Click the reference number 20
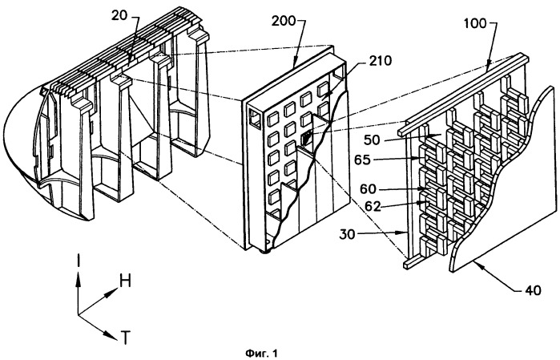[119, 16]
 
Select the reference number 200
[284, 22]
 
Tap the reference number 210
[380, 61]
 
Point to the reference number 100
[475, 23]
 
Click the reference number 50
[372, 140]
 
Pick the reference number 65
[362, 160]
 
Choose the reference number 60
[368, 188]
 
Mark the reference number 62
[373, 206]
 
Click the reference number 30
[348, 235]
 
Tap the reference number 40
[533, 290]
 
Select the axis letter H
[125, 281]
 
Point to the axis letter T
[125, 338]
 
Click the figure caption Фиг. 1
[261, 354]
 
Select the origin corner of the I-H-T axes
[79, 314]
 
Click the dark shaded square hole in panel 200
[306, 137]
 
